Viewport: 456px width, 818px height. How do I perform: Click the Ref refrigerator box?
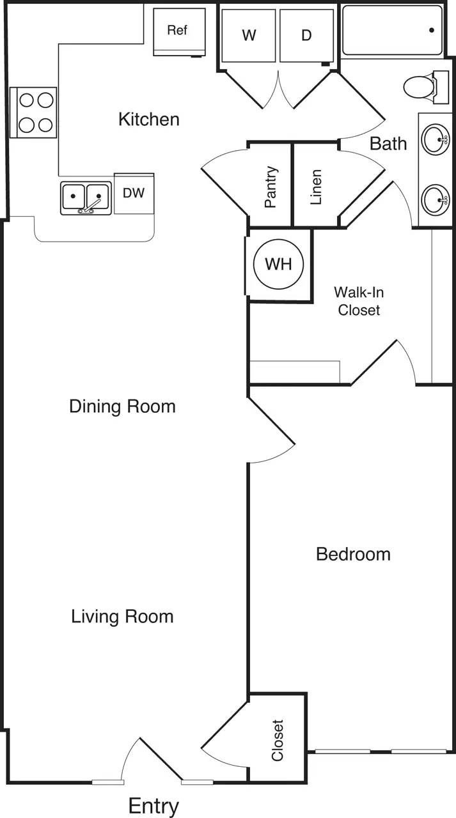tap(179, 31)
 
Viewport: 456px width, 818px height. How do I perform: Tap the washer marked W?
tap(249, 36)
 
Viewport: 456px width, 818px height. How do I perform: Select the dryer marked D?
tap(306, 36)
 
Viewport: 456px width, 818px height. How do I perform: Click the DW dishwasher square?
tap(134, 194)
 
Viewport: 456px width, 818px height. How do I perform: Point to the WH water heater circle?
tap(278, 263)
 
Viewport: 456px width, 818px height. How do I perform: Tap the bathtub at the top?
tap(392, 30)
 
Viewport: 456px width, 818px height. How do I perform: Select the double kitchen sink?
tap(86, 198)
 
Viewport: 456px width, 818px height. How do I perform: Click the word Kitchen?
tap(149, 120)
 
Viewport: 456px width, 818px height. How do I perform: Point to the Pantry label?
tap(271, 187)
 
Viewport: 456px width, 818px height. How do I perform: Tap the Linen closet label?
tap(315, 187)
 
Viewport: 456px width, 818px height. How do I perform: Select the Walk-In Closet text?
tap(359, 301)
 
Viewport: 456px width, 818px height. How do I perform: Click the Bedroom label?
tap(353, 554)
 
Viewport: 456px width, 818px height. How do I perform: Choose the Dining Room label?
tap(122, 406)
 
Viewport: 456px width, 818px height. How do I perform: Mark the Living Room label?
tap(122, 617)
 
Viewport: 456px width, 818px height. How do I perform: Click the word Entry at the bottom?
tap(153, 806)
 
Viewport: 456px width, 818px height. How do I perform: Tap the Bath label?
tap(388, 144)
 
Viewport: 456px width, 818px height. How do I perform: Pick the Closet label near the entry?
tap(278, 741)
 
